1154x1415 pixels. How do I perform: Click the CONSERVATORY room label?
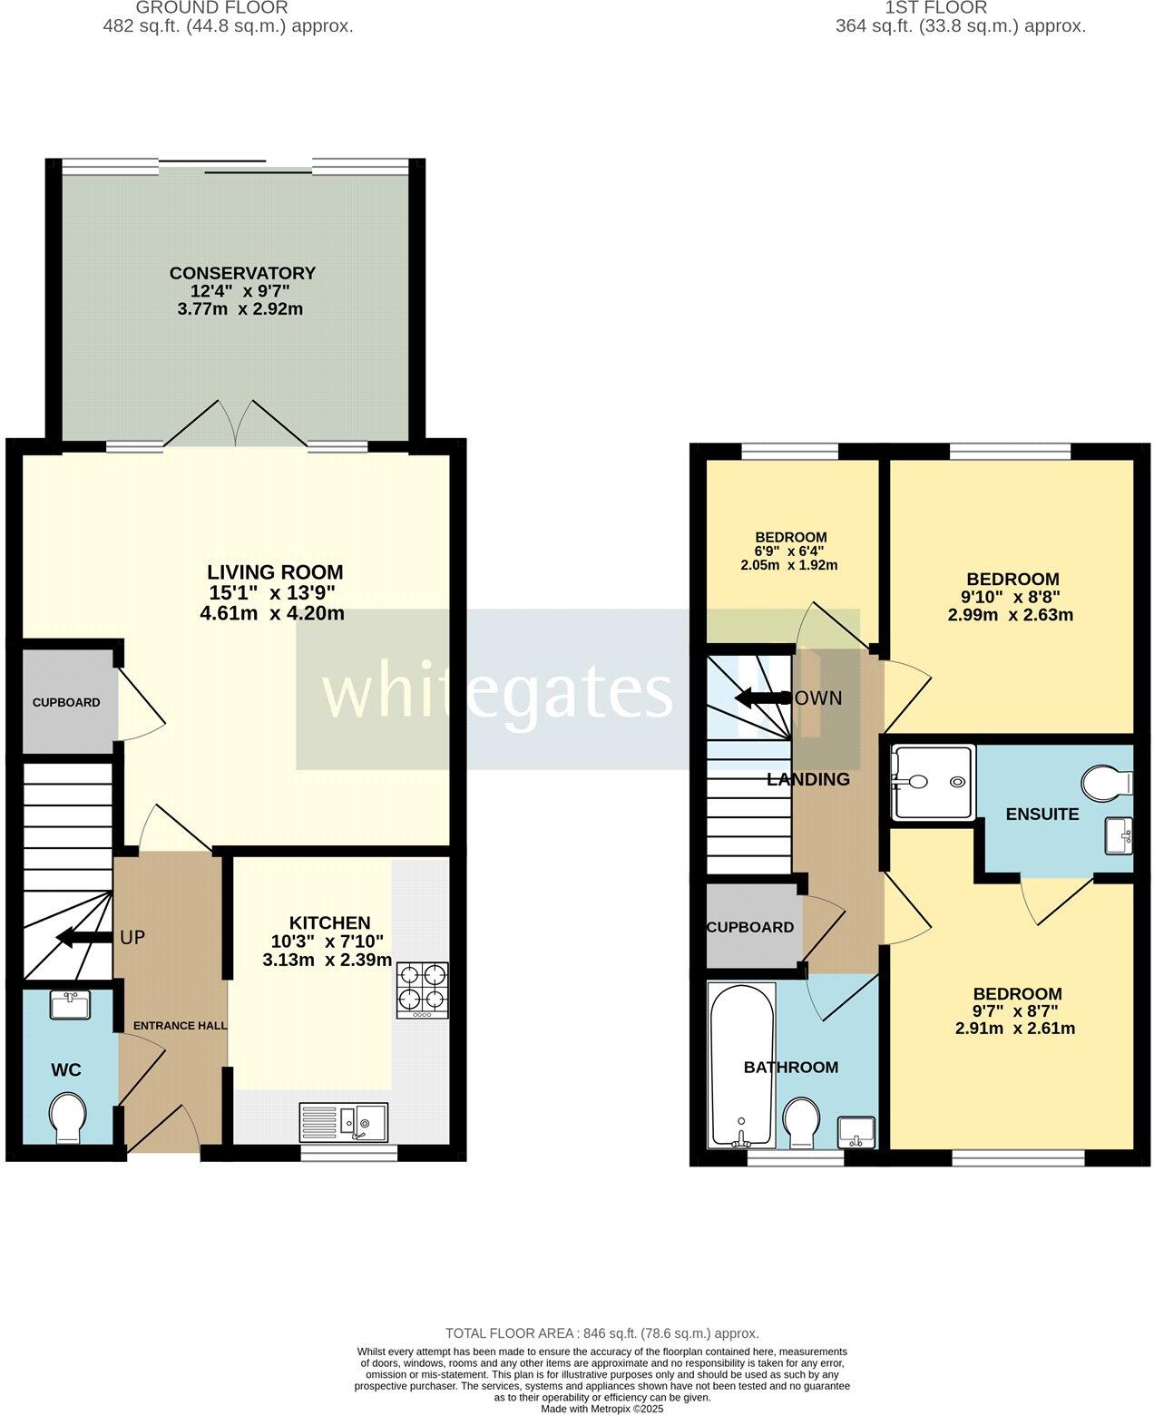coord(242,273)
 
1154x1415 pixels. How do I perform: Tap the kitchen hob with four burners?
coord(422,989)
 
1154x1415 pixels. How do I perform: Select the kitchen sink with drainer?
coord(344,1122)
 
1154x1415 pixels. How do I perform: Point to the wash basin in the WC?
coord(69,1006)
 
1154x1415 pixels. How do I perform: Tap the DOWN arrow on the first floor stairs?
coord(762,698)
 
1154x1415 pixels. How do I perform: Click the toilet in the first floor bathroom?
coord(800,1122)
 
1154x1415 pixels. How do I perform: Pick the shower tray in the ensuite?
coord(932,782)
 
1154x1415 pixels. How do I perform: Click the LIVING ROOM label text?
coord(275,572)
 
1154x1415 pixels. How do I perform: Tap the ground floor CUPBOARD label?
coord(66,702)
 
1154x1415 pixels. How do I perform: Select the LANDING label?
coord(808,779)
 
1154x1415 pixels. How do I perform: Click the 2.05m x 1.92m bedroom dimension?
coord(789,565)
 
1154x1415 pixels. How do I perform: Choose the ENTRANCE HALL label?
coord(181,1025)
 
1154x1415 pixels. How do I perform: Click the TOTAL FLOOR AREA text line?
coord(601,1333)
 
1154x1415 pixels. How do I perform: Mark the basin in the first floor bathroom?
coord(857,1130)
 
